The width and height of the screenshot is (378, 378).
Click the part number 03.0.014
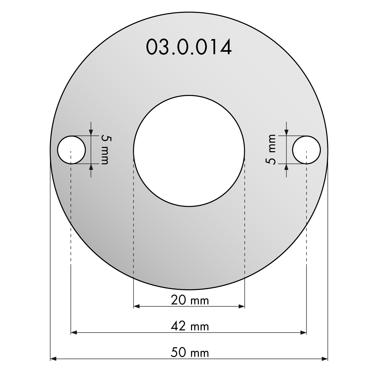[x=189, y=47]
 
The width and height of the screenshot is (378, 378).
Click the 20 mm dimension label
[x=190, y=300]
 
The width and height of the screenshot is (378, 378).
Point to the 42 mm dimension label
[x=190, y=326]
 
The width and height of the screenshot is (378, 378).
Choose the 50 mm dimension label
[x=190, y=353]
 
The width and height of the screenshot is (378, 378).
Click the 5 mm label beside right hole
[x=272, y=150]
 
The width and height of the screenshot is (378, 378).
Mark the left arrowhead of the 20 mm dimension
[x=137, y=306]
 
